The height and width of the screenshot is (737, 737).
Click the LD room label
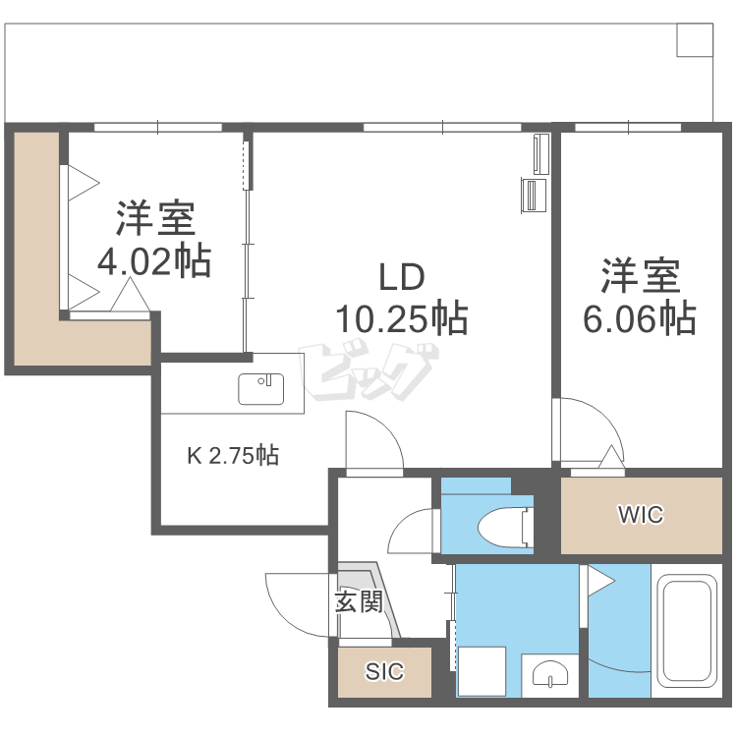coord(402,277)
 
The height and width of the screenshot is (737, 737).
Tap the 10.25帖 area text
coord(402,318)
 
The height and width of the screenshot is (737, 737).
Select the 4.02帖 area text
coord(154,260)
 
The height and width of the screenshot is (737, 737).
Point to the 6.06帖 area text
coord(640,318)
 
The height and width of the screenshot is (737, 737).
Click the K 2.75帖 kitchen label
coord(233,455)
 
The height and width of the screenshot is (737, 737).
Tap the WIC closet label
coord(641,514)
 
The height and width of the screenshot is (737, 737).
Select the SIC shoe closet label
coord(384,672)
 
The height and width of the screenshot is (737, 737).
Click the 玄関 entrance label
coord(359,601)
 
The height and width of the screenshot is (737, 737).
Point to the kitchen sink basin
coord(260,389)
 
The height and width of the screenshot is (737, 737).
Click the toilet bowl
coord(505,528)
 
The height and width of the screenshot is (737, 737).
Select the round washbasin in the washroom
coord(550,674)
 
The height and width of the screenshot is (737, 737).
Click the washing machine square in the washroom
coord(482,672)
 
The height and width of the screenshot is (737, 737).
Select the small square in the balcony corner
coord(695,40)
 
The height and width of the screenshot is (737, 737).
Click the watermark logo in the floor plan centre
coord(368,372)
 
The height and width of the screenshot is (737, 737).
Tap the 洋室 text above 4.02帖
coord(155,218)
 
